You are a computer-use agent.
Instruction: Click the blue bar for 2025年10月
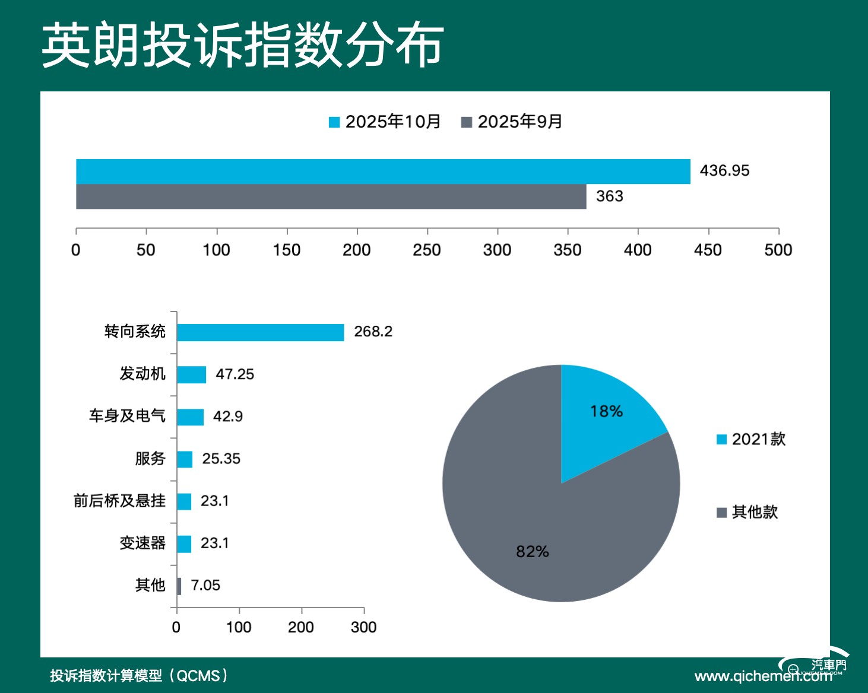pyautogui.click(x=383, y=171)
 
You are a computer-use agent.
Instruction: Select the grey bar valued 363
pyautogui.click(x=331, y=196)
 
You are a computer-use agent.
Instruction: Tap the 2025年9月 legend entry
pyautogui.click(x=512, y=122)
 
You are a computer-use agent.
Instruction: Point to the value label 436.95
pyautogui.click(x=724, y=171)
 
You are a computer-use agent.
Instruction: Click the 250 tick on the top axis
pyautogui.click(x=427, y=250)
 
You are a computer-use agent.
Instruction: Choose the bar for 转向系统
pyautogui.click(x=260, y=332)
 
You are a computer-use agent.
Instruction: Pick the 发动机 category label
pyautogui.click(x=142, y=374)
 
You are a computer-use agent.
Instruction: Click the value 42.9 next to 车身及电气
pyautogui.click(x=228, y=417)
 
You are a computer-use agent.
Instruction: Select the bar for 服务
pyautogui.click(x=185, y=459)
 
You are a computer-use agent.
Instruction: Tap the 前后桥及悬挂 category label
pyautogui.click(x=119, y=501)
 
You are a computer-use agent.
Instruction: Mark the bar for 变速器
pyautogui.click(x=184, y=544)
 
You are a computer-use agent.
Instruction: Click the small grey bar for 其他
pyautogui.click(x=179, y=586)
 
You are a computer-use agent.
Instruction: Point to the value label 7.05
pyautogui.click(x=205, y=586)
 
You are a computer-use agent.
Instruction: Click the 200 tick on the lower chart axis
pyautogui.click(x=301, y=627)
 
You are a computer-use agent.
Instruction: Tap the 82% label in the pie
pyautogui.click(x=533, y=552)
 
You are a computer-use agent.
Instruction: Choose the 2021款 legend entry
pyautogui.click(x=752, y=439)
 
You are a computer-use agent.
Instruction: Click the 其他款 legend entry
pyautogui.click(x=747, y=512)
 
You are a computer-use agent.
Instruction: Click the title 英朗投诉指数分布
pyautogui.click(x=243, y=46)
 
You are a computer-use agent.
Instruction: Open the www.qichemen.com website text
pyautogui.click(x=763, y=676)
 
